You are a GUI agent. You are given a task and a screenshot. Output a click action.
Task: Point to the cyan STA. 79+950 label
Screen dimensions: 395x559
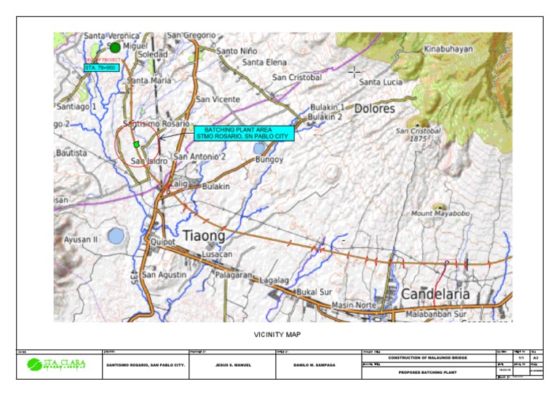[x=100, y=68]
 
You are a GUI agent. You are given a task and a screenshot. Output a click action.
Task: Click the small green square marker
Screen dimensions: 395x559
[x=136, y=144]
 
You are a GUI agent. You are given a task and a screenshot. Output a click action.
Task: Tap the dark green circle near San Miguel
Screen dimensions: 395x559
[x=114, y=47]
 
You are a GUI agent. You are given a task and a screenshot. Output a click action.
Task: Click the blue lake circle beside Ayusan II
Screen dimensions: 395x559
[x=116, y=236]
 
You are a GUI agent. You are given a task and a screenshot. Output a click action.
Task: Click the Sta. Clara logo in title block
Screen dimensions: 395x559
[x=56, y=364]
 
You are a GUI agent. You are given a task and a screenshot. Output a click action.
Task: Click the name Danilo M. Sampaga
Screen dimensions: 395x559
[x=315, y=364]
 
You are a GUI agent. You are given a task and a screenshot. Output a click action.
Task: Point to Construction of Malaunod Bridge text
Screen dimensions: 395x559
[x=427, y=358]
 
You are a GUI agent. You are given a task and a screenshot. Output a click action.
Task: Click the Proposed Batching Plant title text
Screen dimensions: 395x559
[x=427, y=372]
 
